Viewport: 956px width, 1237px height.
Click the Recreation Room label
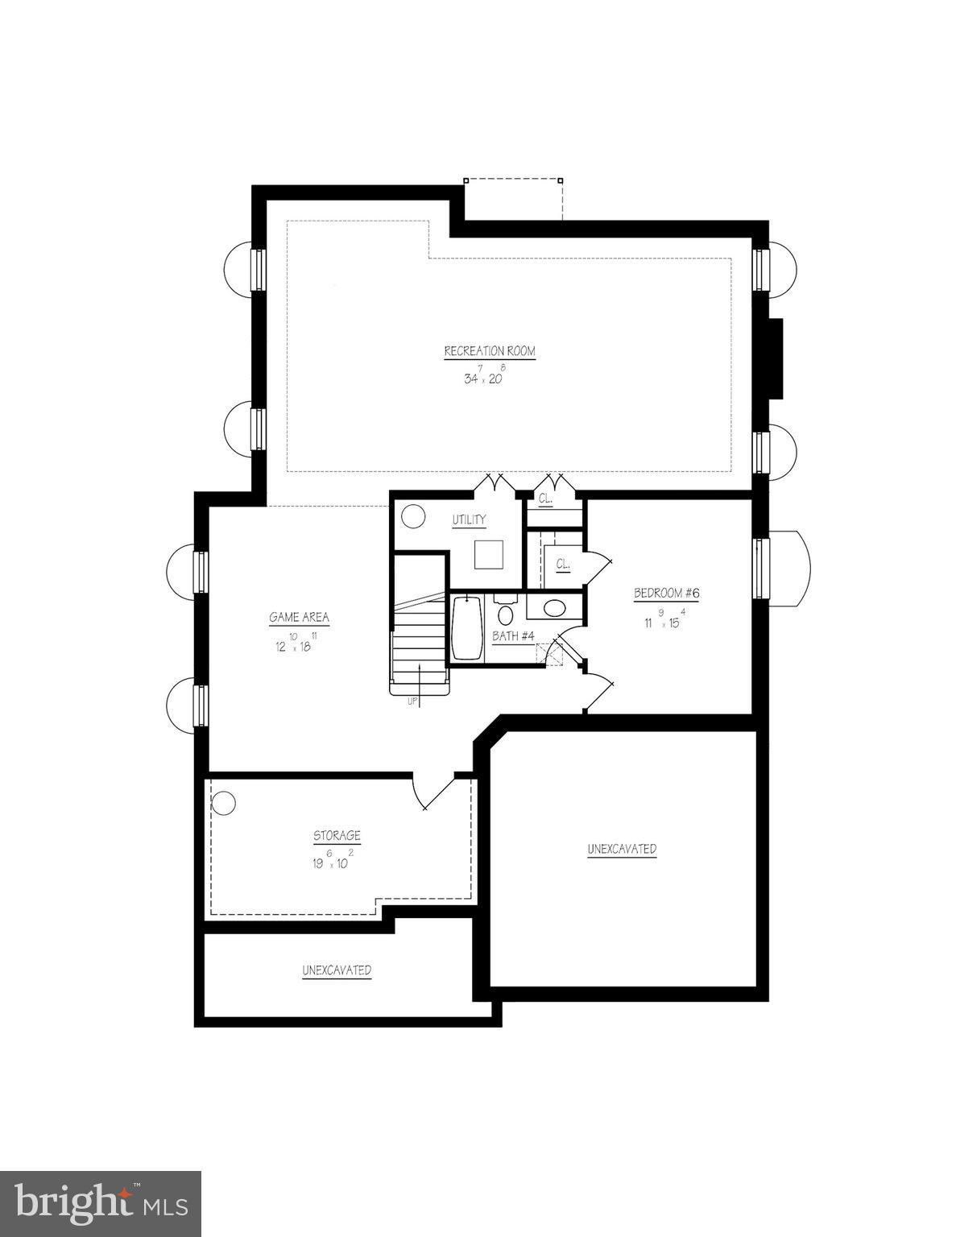click(489, 351)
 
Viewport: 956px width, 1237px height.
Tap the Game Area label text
click(299, 618)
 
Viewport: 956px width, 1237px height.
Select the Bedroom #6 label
click(666, 594)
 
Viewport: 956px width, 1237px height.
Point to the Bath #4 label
click(514, 636)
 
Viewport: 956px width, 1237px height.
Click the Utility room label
click(469, 520)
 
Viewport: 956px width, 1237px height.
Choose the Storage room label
click(337, 836)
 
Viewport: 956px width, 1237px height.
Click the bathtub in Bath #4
click(466, 628)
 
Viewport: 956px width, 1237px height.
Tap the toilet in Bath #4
click(506, 613)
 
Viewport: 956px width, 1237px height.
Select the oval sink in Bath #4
click(554, 608)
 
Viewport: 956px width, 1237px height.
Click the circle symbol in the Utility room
click(413, 515)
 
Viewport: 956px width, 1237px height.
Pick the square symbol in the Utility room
click(488, 555)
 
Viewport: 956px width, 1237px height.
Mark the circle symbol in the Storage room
click(223, 803)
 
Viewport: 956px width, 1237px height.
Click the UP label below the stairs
click(412, 701)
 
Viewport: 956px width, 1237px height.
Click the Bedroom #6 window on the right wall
click(761, 568)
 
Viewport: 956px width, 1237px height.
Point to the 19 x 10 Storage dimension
click(332, 862)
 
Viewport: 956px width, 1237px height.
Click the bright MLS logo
click(100, 1203)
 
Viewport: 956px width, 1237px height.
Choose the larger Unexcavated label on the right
click(622, 849)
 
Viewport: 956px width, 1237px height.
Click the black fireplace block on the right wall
click(775, 358)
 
